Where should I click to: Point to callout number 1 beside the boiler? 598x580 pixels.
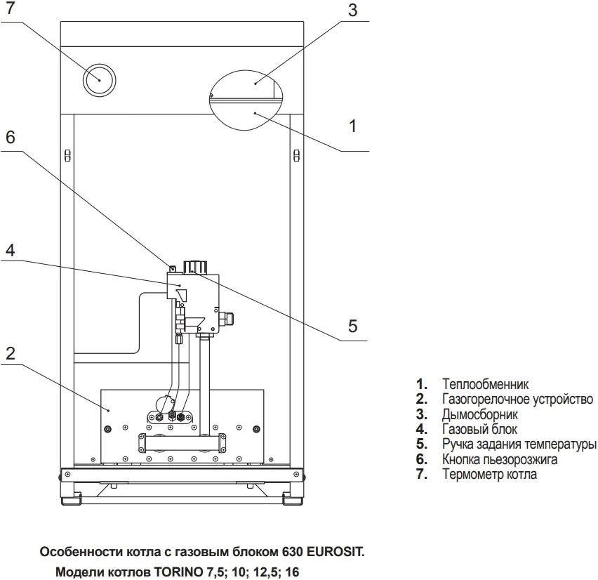point(353,126)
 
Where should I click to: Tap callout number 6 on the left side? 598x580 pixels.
point(10,138)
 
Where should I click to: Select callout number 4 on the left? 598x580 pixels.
point(10,250)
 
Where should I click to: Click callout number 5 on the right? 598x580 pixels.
point(353,326)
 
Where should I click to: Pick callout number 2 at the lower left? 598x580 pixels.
point(10,353)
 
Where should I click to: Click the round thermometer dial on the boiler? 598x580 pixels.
point(99,81)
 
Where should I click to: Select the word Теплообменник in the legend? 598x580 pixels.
point(486,384)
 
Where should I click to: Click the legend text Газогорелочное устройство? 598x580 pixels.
point(517,400)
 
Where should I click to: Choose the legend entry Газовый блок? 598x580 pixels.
point(479,429)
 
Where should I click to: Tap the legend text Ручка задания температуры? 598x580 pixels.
point(519,444)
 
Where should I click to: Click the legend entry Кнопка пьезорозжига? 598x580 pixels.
point(500,460)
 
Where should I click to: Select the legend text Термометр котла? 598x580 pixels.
point(489,475)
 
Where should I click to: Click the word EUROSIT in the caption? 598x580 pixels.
point(336,552)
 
